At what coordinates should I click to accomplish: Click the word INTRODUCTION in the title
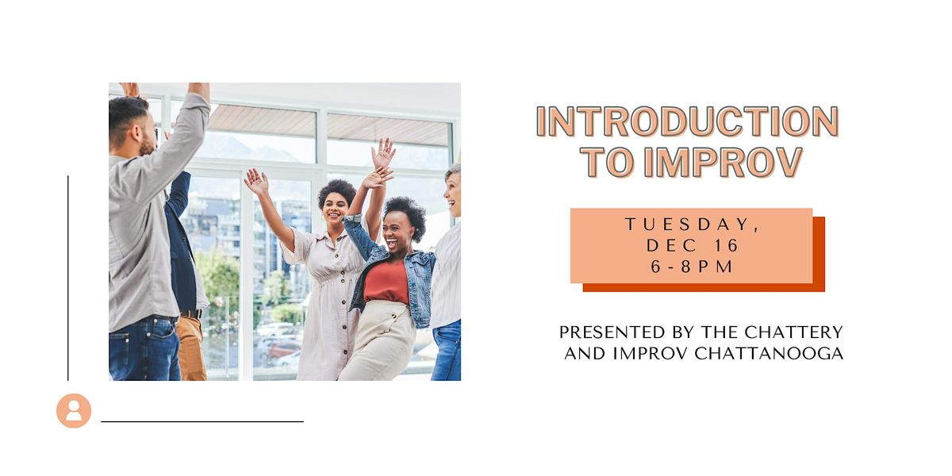[687, 121]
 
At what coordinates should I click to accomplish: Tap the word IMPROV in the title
[723, 162]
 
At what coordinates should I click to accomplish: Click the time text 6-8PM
[693, 267]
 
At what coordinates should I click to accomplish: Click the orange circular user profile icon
[74, 410]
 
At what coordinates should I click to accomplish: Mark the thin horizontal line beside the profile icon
[202, 421]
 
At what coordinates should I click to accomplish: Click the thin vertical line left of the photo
[68, 278]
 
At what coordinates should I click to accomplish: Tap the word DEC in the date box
[669, 246]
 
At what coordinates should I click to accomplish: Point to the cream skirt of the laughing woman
[379, 341]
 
